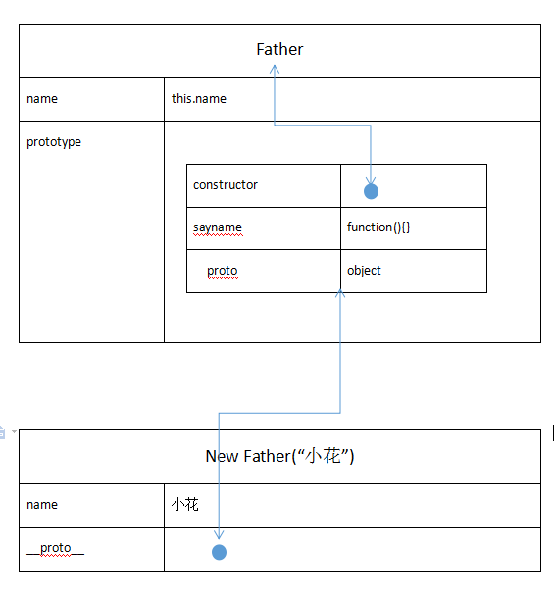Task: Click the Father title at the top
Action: (x=279, y=49)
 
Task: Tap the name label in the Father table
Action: (x=42, y=99)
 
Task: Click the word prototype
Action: (x=54, y=142)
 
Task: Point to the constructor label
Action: (x=226, y=185)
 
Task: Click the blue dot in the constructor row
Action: (x=372, y=191)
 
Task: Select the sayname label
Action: (x=218, y=227)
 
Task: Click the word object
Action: (x=364, y=271)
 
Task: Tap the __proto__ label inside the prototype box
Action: (x=222, y=271)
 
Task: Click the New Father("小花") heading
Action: (x=279, y=456)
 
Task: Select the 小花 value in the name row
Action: (x=184, y=504)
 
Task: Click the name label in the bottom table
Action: (x=42, y=505)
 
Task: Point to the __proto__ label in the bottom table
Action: (x=56, y=548)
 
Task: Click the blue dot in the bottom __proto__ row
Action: (x=219, y=552)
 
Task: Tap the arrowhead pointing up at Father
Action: (x=275, y=69)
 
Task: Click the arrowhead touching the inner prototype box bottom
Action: (x=340, y=293)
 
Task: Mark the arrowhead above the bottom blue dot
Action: (x=219, y=535)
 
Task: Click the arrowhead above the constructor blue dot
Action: (x=371, y=181)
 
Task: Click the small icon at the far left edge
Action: (x=2, y=432)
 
